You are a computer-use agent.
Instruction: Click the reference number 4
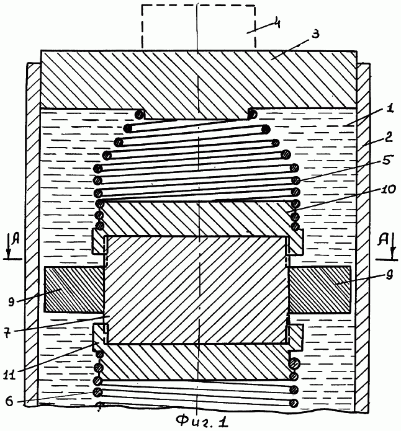point(276,23)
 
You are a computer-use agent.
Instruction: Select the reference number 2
point(388,138)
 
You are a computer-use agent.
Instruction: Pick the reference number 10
point(389,189)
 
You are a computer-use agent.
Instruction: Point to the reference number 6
point(9,401)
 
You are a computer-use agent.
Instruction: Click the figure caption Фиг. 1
point(203,421)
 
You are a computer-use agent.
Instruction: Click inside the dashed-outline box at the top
point(198,27)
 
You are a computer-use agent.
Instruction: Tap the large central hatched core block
point(196,290)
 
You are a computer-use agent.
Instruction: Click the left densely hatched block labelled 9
point(74,290)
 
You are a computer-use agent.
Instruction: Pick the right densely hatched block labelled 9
point(319,290)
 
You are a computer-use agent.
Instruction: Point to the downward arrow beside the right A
point(394,246)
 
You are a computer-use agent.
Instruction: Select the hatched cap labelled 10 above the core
point(198,220)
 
